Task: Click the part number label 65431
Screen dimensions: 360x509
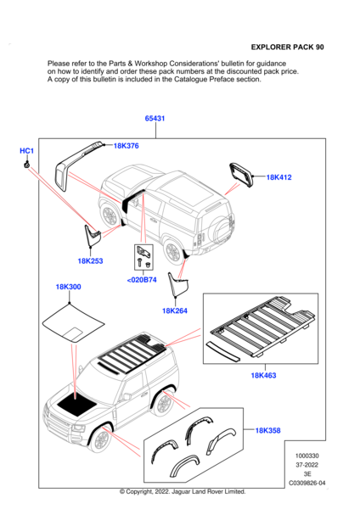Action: click(x=155, y=119)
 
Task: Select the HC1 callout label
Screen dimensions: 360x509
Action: click(x=26, y=151)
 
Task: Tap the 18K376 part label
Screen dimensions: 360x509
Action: click(x=126, y=146)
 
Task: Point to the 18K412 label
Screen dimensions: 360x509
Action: click(x=278, y=177)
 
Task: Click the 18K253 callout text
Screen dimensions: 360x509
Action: click(x=90, y=261)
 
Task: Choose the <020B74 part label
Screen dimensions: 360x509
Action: click(x=142, y=280)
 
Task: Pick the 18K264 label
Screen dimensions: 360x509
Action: click(x=175, y=311)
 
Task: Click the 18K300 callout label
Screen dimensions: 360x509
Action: click(x=68, y=287)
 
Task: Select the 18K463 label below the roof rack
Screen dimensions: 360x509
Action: click(x=263, y=376)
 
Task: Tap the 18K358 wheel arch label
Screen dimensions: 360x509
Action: click(x=267, y=430)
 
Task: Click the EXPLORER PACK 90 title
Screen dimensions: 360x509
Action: click(x=288, y=47)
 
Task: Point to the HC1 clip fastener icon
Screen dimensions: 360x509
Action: click(x=26, y=165)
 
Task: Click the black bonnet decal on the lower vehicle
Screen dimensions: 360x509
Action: click(x=76, y=405)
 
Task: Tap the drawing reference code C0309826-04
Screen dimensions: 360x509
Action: click(x=307, y=483)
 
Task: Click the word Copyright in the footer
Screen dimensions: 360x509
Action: click(x=138, y=492)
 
